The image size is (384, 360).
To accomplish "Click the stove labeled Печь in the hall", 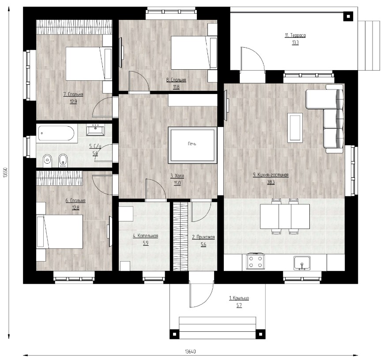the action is [x=192, y=145].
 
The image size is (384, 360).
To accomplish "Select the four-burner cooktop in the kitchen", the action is [x=255, y=261].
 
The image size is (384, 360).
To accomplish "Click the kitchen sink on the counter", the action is [x=302, y=263].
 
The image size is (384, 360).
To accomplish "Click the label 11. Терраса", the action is [x=295, y=35].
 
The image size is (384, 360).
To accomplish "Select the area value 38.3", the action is [x=271, y=182].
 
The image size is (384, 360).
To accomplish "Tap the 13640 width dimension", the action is [x=190, y=352].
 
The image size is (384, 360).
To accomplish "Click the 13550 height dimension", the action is [x=6, y=173].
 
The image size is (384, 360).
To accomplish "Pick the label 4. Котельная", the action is [x=146, y=236].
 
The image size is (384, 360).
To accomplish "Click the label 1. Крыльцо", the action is [x=239, y=298].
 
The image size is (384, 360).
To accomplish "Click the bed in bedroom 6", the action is [x=60, y=232].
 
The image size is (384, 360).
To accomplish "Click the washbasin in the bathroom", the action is [x=95, y=130].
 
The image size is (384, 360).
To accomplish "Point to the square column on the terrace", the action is [x=348, y=16].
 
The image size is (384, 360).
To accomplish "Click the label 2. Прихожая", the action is [x=203, y=237].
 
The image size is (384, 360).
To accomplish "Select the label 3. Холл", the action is [x=177, y=176].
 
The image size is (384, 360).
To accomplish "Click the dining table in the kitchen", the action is [x=285, y=216].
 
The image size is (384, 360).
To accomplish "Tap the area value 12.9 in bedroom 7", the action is [x=73, y=101].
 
